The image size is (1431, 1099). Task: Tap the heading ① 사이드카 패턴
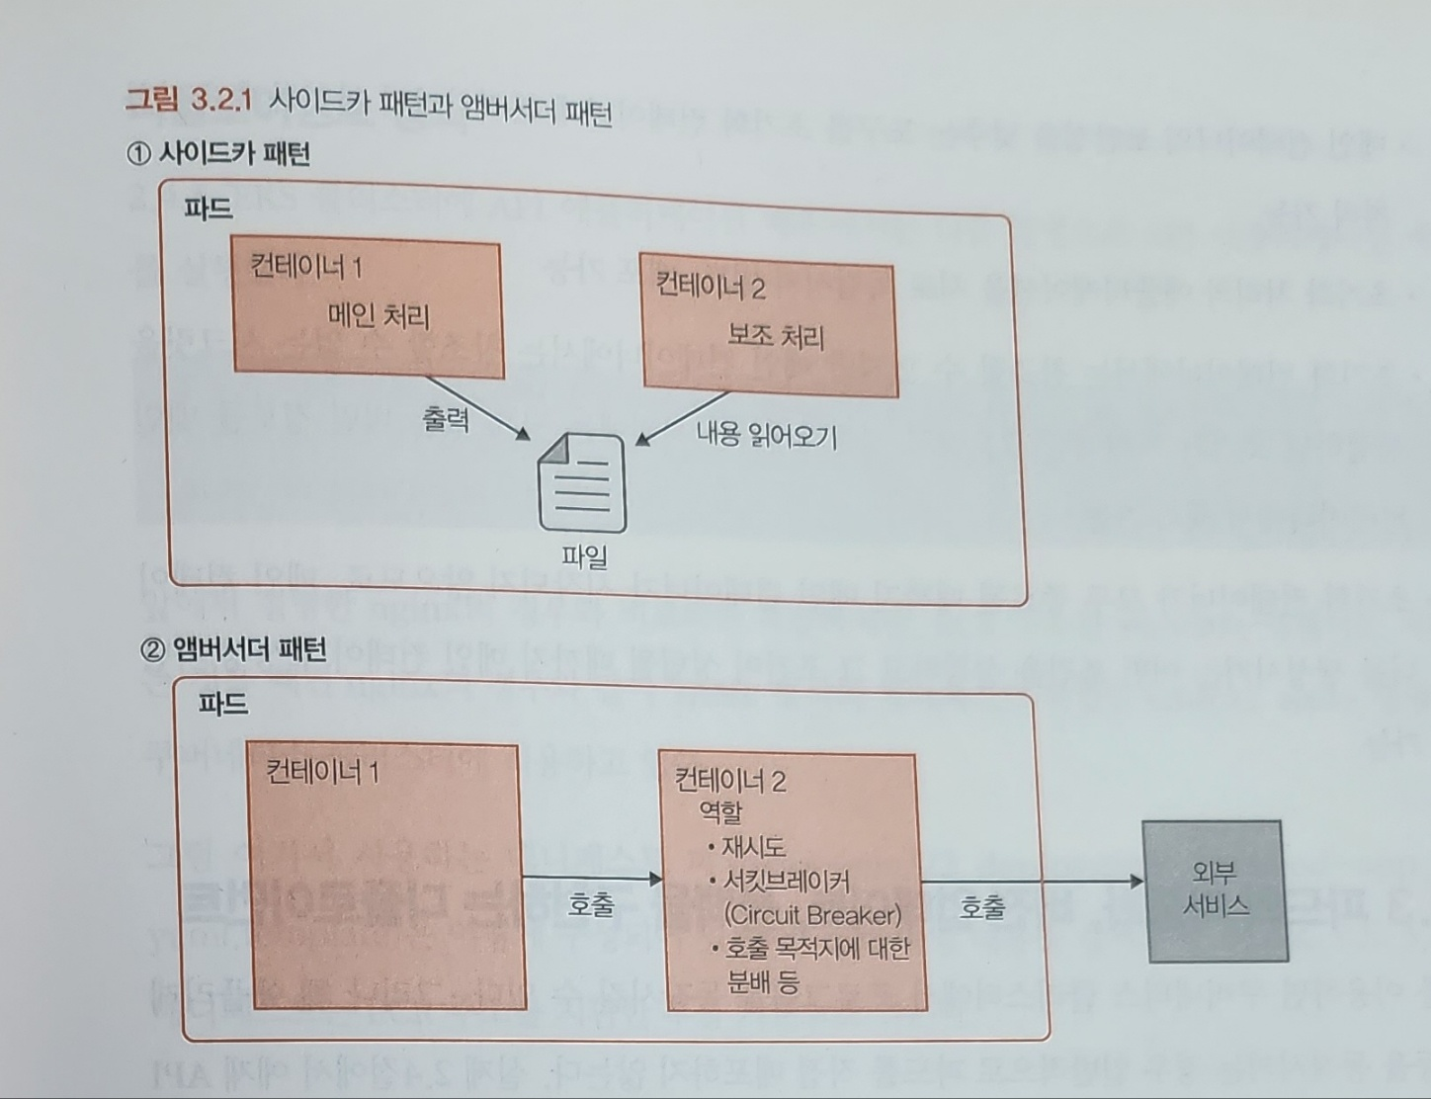(218, 153)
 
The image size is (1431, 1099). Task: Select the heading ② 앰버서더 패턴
(233, 648)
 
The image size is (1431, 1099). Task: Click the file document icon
(581, 483)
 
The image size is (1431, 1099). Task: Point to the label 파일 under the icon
(584, 556)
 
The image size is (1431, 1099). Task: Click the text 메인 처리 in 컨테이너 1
(379, 316)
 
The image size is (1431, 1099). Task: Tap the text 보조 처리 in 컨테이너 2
(776, 337)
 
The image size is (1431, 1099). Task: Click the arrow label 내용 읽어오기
(767, 435)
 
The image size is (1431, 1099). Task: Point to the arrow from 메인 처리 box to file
(478, 407)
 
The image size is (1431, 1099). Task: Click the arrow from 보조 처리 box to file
(684, 418)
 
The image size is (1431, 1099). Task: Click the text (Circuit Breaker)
(812, 914)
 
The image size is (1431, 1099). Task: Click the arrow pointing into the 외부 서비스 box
(1033, 881)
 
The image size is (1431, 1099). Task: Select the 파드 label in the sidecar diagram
(209, 209)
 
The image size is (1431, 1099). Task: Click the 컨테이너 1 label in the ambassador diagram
(322, 771)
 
